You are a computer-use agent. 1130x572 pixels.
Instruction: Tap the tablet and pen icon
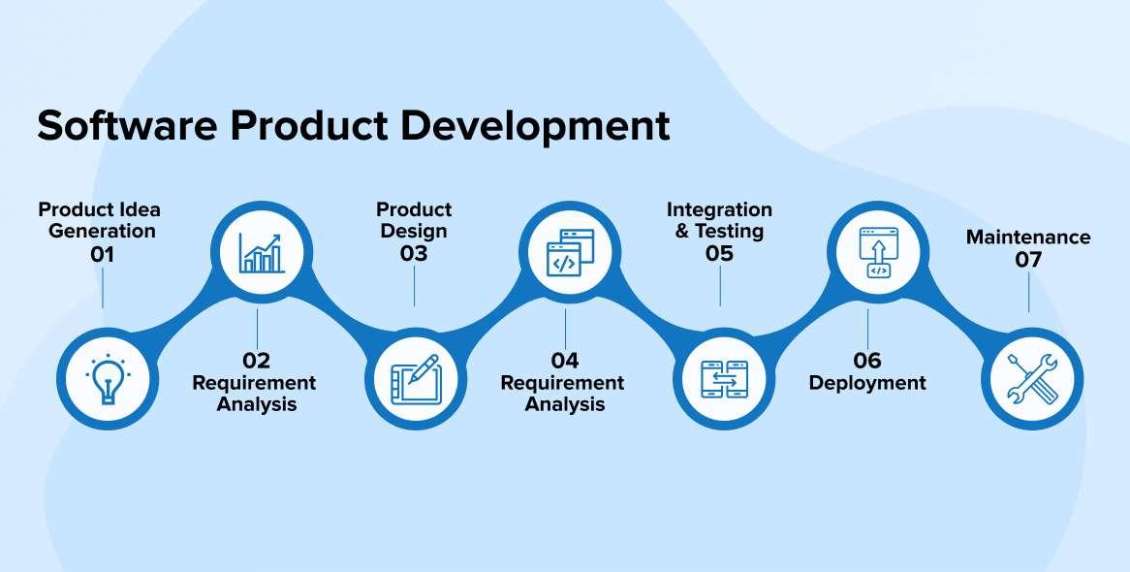click(x=414, y=378)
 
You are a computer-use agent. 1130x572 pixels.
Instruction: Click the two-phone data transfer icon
click(x=722, y=379)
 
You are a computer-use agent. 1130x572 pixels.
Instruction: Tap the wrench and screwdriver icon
click(x=1030, y=378)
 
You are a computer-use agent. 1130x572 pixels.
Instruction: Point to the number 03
click(x=414, y=254)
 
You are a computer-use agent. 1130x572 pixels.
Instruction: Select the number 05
click(x=719, y=254)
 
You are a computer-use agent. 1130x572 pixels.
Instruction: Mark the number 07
click(x=1028, y=260)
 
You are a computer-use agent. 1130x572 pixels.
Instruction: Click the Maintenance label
click(x=1028, y=238)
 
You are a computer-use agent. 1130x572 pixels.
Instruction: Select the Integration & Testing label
click(x=719, y=220)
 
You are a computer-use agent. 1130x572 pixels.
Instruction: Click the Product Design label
click(x=414, y=220)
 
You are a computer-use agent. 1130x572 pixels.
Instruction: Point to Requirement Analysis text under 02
click(x=254, y=393)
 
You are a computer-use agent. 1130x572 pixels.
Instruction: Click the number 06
click(x=867, y=361)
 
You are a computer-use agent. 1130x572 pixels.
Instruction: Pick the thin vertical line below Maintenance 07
click(x=1029, y=292)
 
